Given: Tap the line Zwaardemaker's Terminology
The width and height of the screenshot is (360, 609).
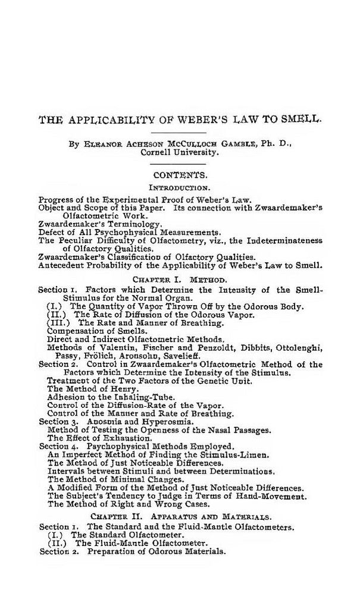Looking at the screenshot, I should tap(100, 224).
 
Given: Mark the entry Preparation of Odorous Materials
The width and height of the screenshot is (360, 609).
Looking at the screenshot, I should tap(156, 551).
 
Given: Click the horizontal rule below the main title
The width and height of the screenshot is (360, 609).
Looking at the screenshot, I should tap(180, 131).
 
